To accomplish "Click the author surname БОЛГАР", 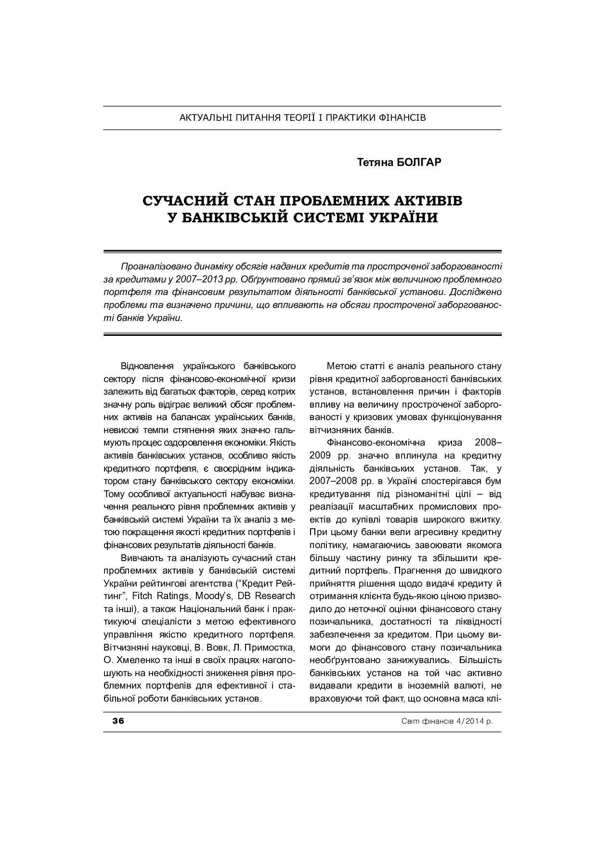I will (x=417, y=162).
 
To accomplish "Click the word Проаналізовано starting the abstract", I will (x=154, y=266).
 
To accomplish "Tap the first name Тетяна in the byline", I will (x=375, y=162).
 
